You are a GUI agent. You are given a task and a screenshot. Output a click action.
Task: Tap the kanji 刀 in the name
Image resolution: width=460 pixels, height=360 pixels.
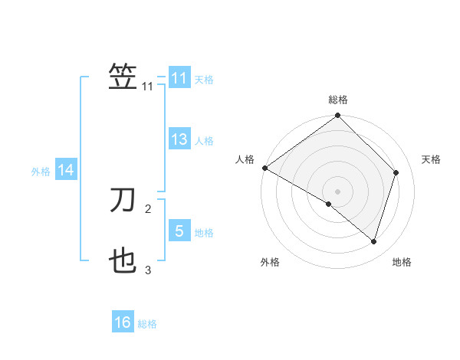(123, 201)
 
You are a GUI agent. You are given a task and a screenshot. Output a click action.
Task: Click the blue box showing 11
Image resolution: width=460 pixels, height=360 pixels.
(179, 78)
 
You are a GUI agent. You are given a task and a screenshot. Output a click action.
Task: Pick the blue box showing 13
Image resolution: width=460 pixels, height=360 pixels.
(179, 139)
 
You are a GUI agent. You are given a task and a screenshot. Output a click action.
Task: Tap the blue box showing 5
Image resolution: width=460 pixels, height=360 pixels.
(179, 231)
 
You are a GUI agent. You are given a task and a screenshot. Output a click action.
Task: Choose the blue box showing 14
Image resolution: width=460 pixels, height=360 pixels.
(67, 170)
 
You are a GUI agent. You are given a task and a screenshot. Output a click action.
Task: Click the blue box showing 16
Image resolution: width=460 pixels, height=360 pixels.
(123, 322)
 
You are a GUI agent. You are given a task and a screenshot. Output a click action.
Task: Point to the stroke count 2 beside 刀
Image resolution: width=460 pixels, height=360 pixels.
(148, 208)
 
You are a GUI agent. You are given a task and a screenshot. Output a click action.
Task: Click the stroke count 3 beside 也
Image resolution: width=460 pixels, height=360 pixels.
(148, 270)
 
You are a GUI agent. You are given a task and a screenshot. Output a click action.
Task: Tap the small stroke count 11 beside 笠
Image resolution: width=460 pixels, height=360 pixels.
(148, 87)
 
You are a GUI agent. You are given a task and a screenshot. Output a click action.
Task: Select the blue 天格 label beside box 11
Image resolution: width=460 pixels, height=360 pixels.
(204, 80)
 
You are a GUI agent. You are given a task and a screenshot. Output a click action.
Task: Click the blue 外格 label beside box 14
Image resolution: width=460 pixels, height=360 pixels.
(41, 172)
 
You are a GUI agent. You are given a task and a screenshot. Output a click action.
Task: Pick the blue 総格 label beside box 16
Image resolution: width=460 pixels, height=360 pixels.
(147, 324)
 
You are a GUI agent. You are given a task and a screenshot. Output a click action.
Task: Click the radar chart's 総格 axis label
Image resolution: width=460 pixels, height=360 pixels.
(338, 100)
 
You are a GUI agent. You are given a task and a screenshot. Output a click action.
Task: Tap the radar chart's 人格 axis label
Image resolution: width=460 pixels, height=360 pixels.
(245, 159)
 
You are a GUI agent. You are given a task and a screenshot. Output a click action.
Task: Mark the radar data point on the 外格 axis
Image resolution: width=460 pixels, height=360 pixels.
(329, 204)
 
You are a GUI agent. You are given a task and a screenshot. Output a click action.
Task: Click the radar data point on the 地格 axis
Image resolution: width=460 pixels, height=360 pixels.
(374, 241)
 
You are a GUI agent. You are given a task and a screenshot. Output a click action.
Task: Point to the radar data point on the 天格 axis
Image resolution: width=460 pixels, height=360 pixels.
(396, 172)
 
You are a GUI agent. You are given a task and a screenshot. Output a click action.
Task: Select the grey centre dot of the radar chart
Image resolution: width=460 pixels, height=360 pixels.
(337, 191)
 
